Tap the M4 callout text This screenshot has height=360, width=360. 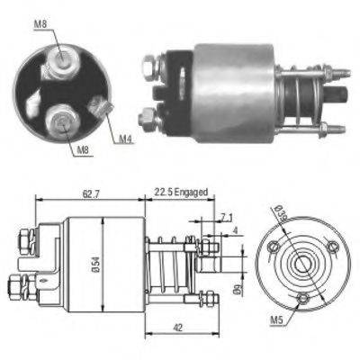126,139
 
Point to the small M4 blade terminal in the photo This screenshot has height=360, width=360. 104,111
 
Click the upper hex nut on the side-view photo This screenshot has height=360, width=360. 148,64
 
